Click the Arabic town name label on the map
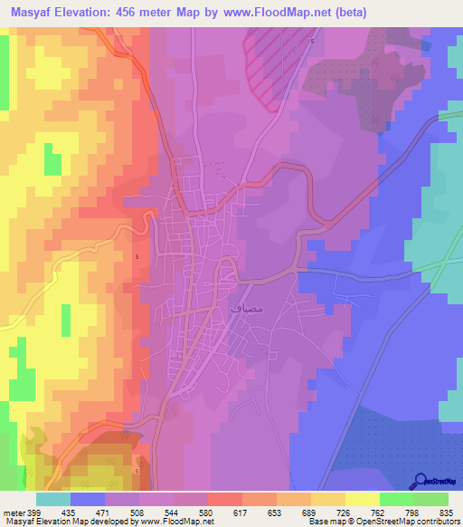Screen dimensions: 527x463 click(x=250, y=308)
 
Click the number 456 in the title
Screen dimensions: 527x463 click(x=137, y=13)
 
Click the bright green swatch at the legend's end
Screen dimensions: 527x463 click(x=431, y=500)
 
